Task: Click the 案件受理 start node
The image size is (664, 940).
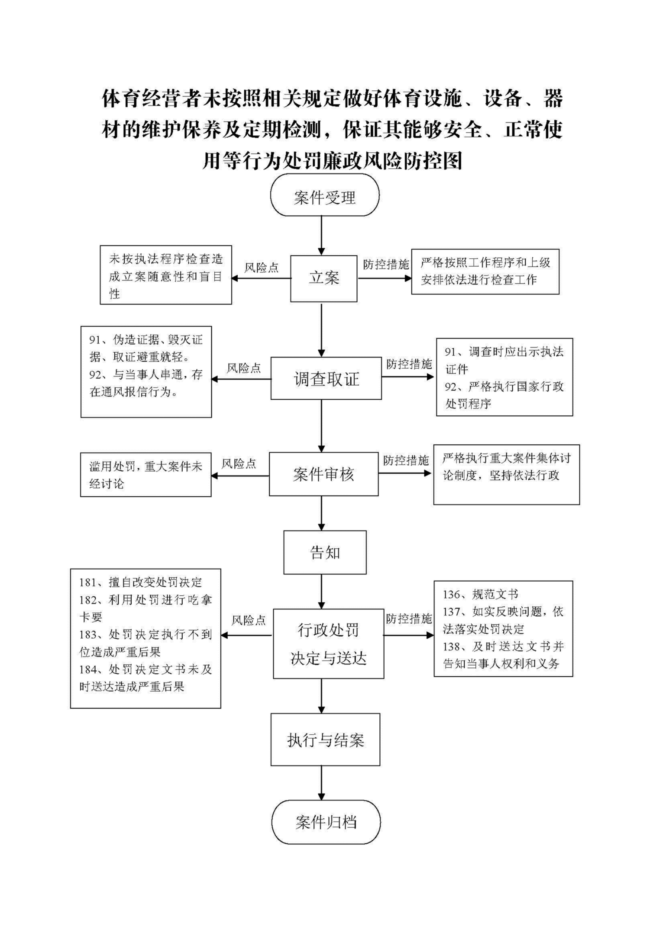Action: coord(324,195)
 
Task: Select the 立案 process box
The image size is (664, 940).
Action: coord(324,278)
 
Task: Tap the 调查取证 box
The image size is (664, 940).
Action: coord(326,378)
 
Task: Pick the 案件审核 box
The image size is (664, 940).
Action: coord(324,474)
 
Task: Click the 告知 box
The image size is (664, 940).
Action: coord(325,552)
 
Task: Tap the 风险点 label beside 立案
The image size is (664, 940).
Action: coord(261,268)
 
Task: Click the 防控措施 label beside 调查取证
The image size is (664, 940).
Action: coord(409,364)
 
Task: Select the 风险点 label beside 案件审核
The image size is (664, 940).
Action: coord(239,464)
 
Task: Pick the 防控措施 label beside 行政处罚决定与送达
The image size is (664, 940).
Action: coord(409,619)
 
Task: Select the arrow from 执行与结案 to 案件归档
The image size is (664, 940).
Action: coord(322,783)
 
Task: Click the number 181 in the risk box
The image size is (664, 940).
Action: coord(88,582)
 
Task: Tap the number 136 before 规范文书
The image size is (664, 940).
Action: coord(451,594)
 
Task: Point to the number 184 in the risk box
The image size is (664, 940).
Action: coord(88,669)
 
